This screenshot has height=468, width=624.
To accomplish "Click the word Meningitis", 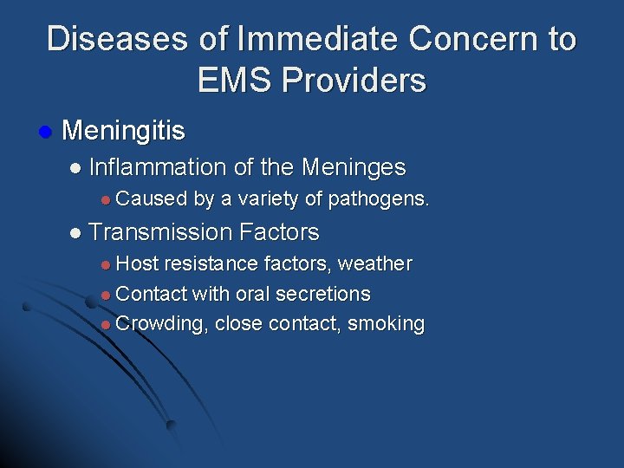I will [x=124, y=131].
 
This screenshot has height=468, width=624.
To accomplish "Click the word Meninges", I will [x=353, y=166].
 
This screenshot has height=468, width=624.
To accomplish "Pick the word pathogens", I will [x=377, y=199].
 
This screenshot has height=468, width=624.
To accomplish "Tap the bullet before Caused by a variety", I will [x=105, y=200].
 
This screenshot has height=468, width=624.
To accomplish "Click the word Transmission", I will [x=160, y=232].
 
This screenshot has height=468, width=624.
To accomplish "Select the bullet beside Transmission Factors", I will [x=75, y=233].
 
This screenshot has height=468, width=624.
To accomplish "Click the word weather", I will [x=374, y=263].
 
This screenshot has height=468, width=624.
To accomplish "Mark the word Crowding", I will [x=162, y=325].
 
